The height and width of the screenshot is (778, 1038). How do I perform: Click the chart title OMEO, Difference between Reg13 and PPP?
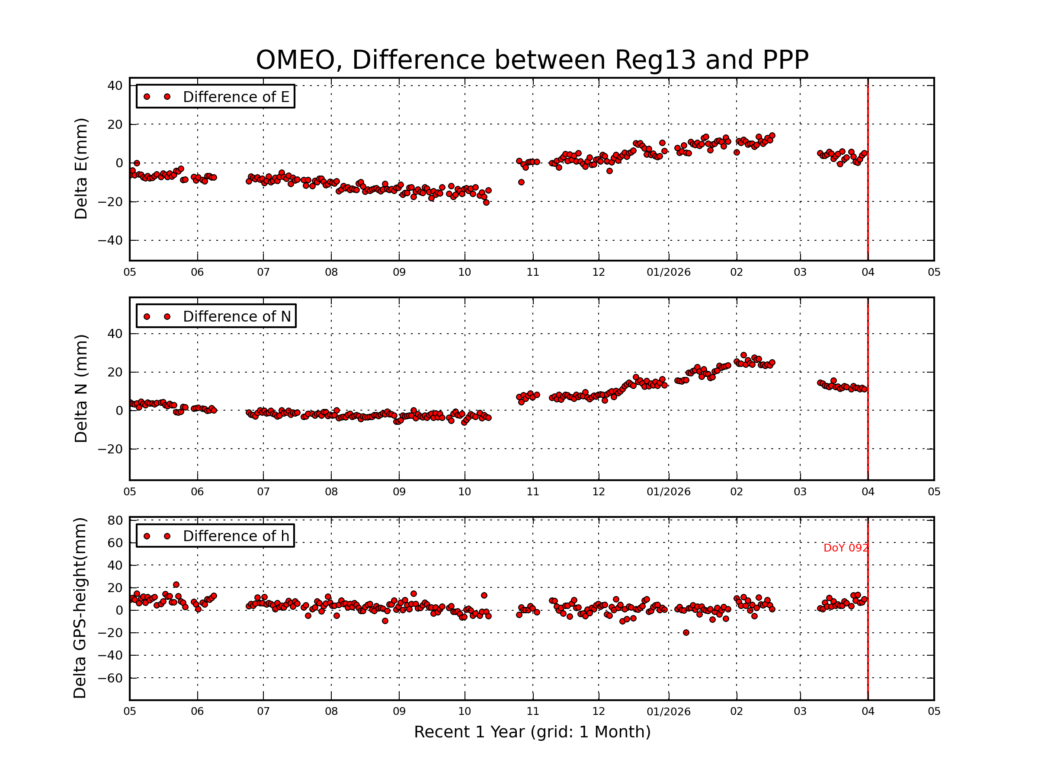click(x=532, y=60)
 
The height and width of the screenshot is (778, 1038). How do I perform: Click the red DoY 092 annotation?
click(x=845, y=548)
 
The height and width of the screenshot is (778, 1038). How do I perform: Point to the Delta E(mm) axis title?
click(x=81, y=169)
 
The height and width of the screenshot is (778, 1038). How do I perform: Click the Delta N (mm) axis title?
click(x=81, y=388)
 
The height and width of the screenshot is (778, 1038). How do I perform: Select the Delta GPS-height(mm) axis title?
click(x=80, y=608)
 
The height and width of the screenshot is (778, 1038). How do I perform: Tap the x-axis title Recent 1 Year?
click(x=532, y=732)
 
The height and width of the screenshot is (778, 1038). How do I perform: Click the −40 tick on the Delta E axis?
click(x=110, y=241)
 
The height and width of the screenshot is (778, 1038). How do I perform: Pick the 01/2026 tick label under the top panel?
click(x=668, y=272)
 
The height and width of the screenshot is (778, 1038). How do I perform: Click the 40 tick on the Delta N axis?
click(x=115, y=334)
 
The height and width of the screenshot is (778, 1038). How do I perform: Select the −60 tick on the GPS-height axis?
click(x=110, y=678)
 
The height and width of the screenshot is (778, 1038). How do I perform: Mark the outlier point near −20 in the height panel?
click(x=686, y=633)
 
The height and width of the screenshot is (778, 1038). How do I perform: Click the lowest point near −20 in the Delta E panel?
click(x=486, y=203)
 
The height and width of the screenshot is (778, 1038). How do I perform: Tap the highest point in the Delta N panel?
click(x=743, y=355)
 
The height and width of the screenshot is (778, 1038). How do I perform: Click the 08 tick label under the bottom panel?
click(x=331, y=711)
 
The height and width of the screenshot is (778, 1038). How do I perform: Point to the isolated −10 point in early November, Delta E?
click(x=521, y=182)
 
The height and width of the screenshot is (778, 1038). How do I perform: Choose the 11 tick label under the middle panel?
click(x=532, y=492)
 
